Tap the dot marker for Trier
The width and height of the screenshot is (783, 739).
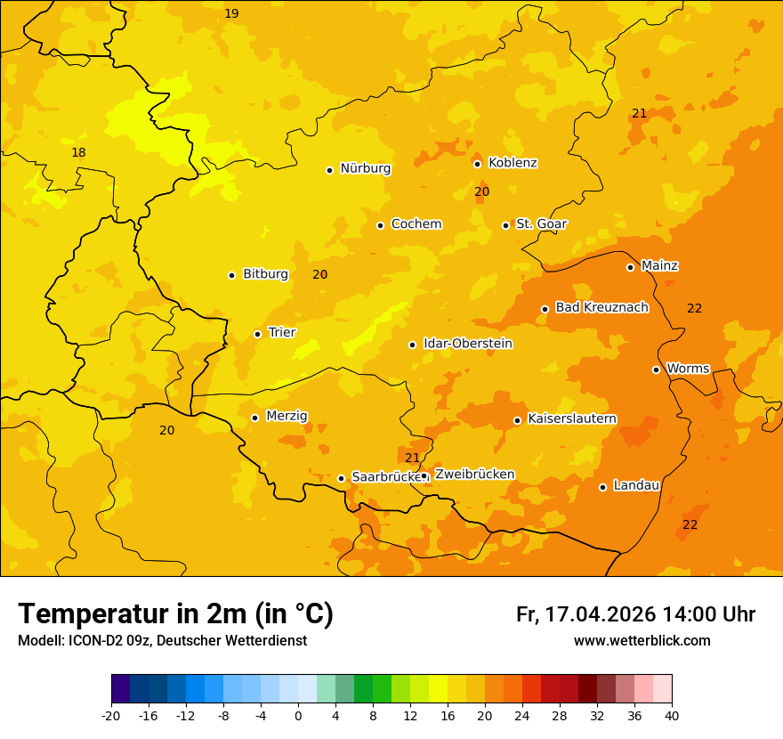click(x=258, y=334)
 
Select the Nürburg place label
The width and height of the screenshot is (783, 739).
click(x=365, y=168)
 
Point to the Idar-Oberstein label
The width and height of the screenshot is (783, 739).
click(x=468, y=344)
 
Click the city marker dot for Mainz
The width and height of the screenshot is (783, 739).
click(x=630, y=267)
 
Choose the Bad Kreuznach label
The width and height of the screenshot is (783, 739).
click(x=601, y=307)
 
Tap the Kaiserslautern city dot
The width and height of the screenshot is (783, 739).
click(x=517, y=420)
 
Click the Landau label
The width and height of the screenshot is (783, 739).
click(x=636, y=485)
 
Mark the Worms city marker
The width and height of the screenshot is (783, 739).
click(x=656, y=369)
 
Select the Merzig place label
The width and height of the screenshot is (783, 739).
click(x=287, y=416)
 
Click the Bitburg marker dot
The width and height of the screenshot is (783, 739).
click(x=231, y=275)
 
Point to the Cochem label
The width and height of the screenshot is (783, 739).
click(x=416, y=223)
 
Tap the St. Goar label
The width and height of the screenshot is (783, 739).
click(x=541, y=223)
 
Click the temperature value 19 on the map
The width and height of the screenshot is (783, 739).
click(x=231, y=13)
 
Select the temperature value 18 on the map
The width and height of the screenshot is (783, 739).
click(x=78, y=152)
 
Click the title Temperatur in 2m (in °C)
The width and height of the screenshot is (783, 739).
click(x=175, y=613)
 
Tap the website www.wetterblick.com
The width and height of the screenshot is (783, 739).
click(x=642, y=640)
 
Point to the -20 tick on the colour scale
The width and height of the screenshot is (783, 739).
click(x=111, y=715)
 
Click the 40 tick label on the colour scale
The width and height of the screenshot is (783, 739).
click(x=672, y=715)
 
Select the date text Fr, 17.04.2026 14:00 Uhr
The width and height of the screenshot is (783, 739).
click(x=635, y=614)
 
